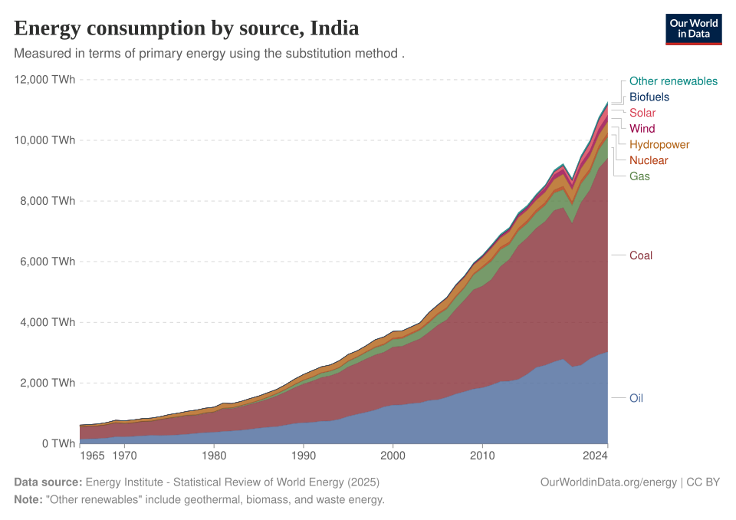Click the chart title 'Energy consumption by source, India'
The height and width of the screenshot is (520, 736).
tap(186, 29)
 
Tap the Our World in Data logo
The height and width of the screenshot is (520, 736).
tap(694, 29)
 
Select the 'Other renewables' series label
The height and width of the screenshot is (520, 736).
tap(673, 81)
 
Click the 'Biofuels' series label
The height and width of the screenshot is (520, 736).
tap(649, 97)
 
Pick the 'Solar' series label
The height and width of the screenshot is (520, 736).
tap(642, 114)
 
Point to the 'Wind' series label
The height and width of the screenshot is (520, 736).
tap(642, 129)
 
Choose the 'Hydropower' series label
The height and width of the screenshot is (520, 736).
tap(659, 145)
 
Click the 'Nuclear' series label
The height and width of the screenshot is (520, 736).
tap(649, 161)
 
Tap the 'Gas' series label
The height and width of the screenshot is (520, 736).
tap(639, 176)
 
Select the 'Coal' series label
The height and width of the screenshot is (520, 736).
tap(641, 255)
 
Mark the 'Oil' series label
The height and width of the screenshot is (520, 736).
tap(636, 399)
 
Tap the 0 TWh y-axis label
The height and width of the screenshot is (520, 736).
tap(58, 443)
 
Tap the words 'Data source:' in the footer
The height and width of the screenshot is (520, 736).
tap(48, 482)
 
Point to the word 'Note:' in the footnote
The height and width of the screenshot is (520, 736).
tap(28, 499)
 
